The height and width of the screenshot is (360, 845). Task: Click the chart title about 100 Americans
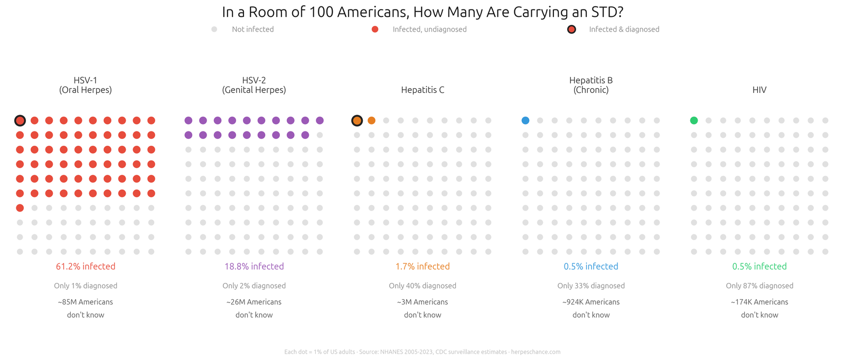pos(422,12)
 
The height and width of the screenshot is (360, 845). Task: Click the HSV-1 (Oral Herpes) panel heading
pos(86,85)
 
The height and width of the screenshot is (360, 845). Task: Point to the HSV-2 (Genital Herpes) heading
pos(254,85)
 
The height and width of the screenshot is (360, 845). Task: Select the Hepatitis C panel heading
pos(422,90)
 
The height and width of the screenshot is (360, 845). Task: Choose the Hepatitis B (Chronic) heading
pos(591,85)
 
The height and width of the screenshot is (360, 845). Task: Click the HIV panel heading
pos(759,90)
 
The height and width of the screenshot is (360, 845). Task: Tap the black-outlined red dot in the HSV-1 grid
pos(20,121)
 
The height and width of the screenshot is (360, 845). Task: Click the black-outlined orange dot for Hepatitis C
pos(357,121)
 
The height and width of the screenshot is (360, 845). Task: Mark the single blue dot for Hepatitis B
pos(525,121)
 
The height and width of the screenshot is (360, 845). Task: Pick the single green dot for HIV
pos(694,121)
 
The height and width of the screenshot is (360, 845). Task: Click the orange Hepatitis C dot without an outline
pos(372,121)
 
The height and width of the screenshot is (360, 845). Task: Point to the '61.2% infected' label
pos(86,267)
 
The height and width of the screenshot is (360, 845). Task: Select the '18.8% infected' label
pos(254,267)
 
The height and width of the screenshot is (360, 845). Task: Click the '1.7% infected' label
pos(422,267)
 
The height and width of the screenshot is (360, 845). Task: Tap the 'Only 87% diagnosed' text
pos(759,286)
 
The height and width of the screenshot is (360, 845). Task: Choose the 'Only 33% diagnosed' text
pos(591,286)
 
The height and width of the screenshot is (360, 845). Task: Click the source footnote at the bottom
pos(422,352)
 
